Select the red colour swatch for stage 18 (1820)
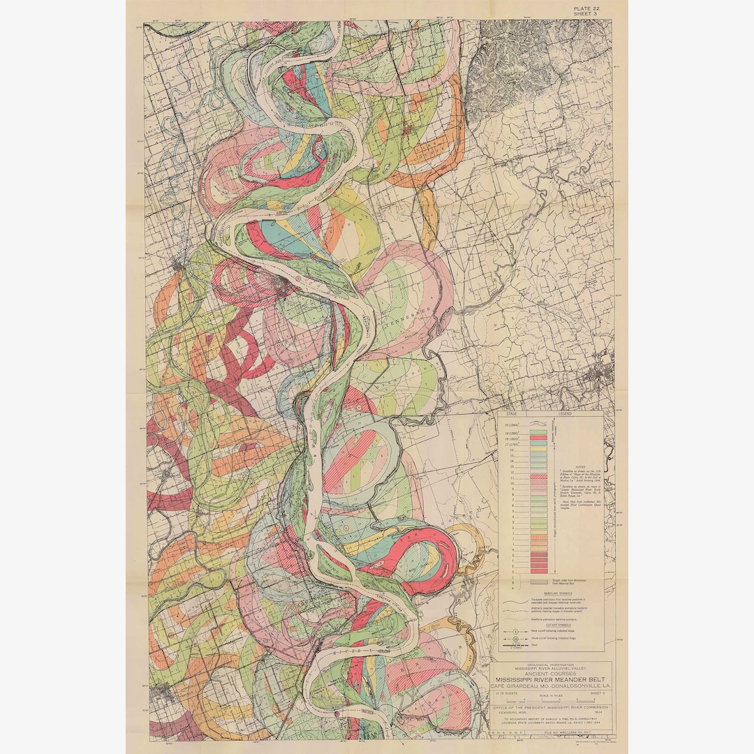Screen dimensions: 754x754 point(538,438)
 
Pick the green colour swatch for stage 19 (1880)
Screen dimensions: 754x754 point(538,432)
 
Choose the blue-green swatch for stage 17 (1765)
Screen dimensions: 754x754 point(538,444)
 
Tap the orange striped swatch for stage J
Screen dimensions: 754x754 point(538,538)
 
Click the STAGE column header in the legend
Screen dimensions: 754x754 point(512,414)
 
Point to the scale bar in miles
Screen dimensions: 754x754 point(551,701)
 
